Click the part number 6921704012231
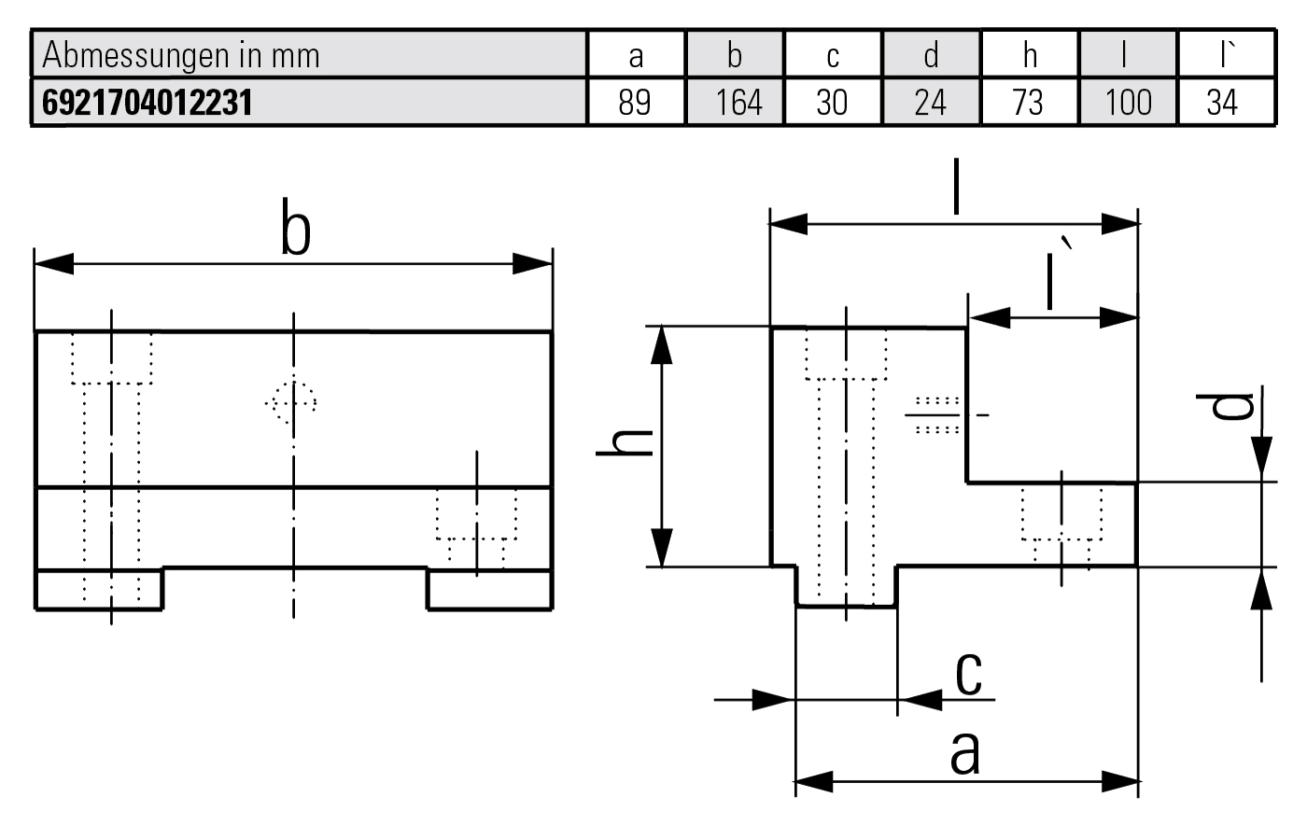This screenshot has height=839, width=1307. (x=148, y=102)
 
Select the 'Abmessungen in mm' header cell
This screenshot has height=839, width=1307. (x=181, y=56)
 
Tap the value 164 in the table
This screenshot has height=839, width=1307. (x=738, y=102)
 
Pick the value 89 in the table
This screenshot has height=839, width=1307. (x=635, y=102)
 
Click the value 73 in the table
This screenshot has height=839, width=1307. (x=1028, y=102)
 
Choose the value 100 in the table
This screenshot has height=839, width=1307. (x=1128, y=102)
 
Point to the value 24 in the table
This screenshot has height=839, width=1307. (x=930, y=102)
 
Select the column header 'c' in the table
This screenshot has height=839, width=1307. (x=833, y=56)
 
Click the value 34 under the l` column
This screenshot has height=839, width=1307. (x=1222, y=102)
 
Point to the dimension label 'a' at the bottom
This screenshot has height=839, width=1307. (x=965, y=752)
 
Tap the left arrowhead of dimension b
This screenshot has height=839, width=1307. (x=52, y=264)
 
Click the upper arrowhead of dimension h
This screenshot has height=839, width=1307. (x=662, y=343)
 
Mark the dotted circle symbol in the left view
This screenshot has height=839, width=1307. (x=291, y=403)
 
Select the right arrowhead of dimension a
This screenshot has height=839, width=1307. (x=1120, y=781)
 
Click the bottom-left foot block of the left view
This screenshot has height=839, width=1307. (x=99, y=589)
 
